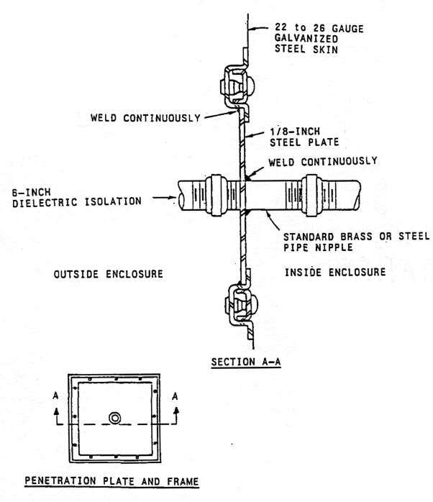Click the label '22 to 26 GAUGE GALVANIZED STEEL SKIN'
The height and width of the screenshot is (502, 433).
point(319,39)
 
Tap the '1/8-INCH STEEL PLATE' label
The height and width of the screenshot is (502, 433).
point(304,137)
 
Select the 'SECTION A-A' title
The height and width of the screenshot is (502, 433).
point(246,362)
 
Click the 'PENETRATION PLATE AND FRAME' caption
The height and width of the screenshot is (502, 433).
point(111,481)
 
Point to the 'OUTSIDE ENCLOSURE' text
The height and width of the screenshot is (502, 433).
point(108,274)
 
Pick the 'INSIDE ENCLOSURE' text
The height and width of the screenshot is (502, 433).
point(335,272)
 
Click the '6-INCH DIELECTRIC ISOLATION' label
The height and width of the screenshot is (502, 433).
point(77,198)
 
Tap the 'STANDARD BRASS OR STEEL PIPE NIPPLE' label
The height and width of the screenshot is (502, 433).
point(357,242)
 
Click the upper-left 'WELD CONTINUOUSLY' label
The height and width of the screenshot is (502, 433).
point(145,118)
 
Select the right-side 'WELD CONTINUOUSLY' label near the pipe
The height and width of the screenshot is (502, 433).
point(323,161)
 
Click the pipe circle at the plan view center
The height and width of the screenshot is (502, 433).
point(114,418)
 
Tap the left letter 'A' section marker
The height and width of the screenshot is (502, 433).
point(55,396)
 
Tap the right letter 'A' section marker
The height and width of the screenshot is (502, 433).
point(175,396)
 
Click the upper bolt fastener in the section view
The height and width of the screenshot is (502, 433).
point(237,86)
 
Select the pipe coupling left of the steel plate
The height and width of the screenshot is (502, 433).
point(216,196)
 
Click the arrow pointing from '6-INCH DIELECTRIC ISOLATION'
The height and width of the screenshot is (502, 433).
point(164,198)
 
